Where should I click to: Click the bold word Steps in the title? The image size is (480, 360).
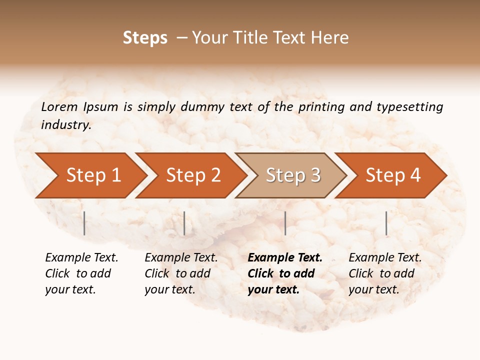point(145,38)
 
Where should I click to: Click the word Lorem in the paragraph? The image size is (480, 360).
point(59,106)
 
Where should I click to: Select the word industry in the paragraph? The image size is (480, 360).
point(65,125)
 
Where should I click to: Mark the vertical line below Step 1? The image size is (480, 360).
point(84,223)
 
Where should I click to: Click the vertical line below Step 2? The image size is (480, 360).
point(184,223)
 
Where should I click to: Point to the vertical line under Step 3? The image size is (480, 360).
point(285,223)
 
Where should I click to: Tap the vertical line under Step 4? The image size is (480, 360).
point(386,223)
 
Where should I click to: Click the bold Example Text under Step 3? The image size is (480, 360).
point(285,258)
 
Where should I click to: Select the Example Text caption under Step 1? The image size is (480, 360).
point(81,258)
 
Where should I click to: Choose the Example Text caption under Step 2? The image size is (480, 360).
point(181,258)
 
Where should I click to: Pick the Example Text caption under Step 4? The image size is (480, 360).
point(385,258)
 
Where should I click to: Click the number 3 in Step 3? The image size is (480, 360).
point(315,175)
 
